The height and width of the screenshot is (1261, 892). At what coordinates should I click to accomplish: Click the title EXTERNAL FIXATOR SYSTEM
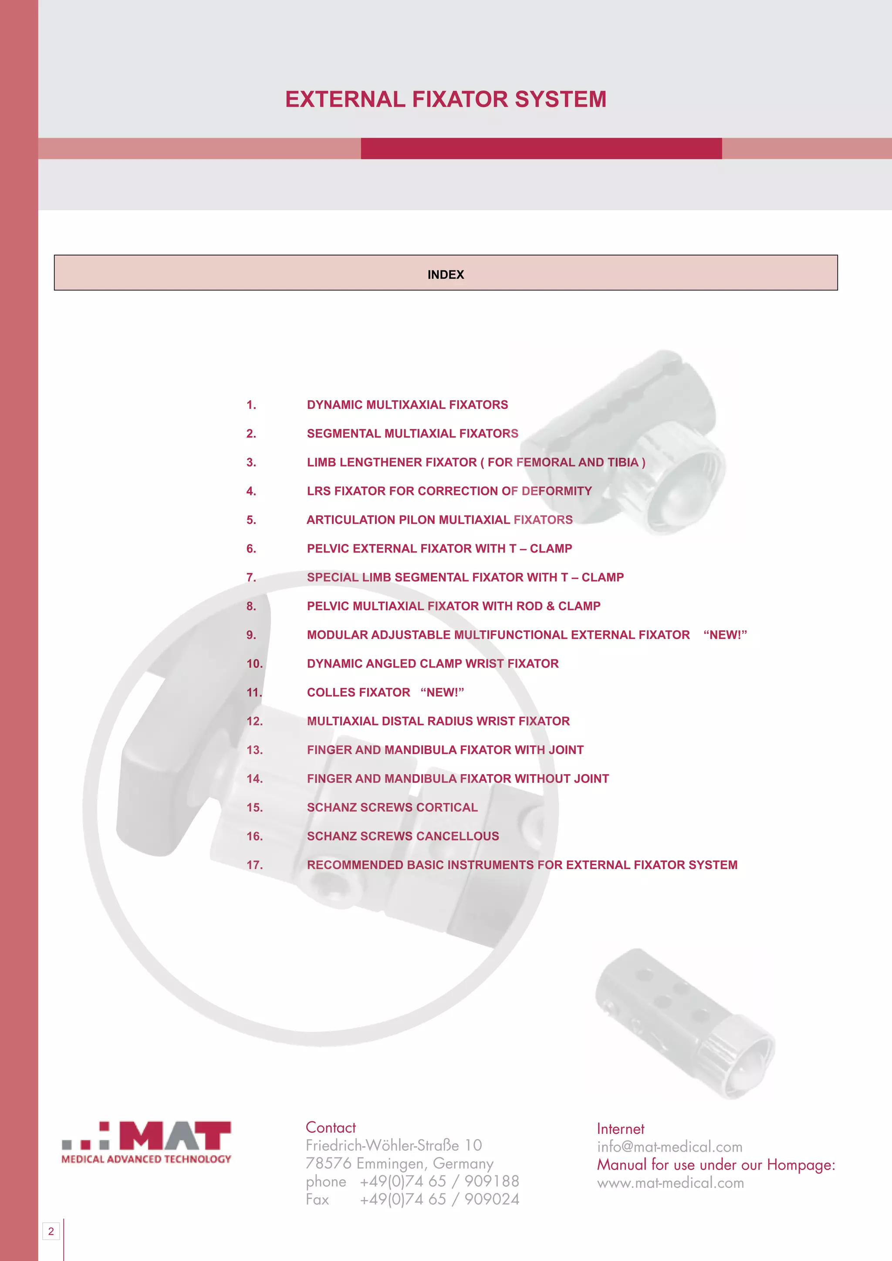pyautogui.click(x=446, y=99)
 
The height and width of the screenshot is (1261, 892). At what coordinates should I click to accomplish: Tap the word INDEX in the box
pyautogui.click(x=446, y=275)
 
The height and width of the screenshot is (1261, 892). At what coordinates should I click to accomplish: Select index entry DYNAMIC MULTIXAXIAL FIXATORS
pyautogui.click(x=407, y=405)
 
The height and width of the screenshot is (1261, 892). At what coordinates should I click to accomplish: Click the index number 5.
pyautogui.click(x=251, y=520)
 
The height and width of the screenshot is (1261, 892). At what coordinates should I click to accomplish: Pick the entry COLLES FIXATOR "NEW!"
pyautogui.click(x=385, y=693)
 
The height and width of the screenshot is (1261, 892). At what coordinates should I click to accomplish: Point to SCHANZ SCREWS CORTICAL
pyautogui.click(x=392, y=807)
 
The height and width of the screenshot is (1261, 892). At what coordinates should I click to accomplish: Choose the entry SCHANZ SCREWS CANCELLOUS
pyautogui.click(x=402, y=836)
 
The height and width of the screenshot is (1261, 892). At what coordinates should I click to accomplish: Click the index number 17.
pyautogui.click(x=254, y=865)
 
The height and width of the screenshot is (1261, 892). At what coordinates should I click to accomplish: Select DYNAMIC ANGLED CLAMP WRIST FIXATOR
pyautogui.click(x=432, y=664)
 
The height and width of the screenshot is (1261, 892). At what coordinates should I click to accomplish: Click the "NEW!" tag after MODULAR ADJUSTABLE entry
pyautogui.click(x=725, y=635)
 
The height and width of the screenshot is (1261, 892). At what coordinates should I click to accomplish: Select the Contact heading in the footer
pyautogui.click(x=331, y=1127)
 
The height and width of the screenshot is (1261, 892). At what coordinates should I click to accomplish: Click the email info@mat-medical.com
pyautogui.click(x=669, y=1147)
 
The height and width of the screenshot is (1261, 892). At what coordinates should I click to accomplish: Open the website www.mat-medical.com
pyautogui.click(x=670, y=1183)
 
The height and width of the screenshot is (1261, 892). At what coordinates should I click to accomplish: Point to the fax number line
pyautogui.click(x=412, y=1200)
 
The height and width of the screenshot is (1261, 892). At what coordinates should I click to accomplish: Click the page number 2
pyautogui.click(x=51, y=1231)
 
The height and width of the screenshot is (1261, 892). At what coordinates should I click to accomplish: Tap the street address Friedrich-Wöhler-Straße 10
pyautogui.click(x=393, y=1145)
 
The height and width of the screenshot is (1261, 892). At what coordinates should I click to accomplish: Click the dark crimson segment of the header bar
pyautogui.click(x=541, y=148)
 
